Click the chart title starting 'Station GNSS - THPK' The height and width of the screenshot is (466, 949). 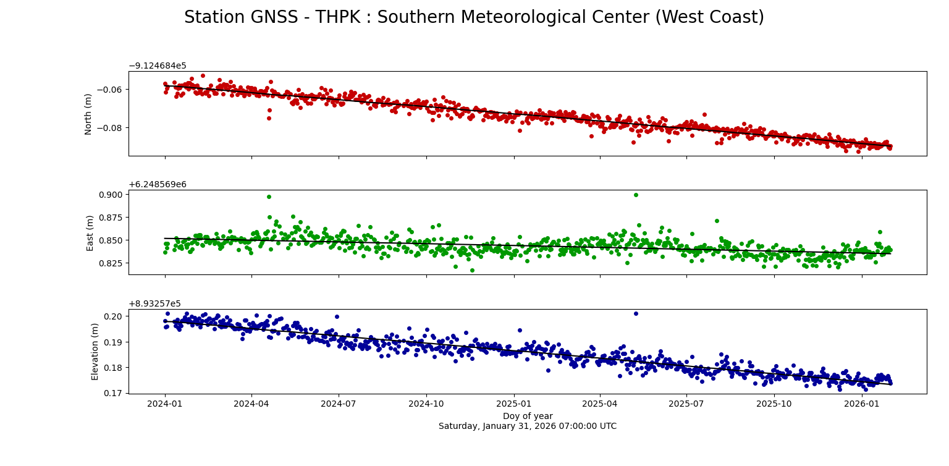[x=474, y=17]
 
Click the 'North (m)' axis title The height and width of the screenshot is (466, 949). [x=88, y=114]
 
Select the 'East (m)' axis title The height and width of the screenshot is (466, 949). [x=90, y=232]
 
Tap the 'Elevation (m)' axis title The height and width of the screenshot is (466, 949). [x=95, y=351]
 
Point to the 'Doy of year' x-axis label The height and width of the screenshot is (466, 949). [x=527, y=416]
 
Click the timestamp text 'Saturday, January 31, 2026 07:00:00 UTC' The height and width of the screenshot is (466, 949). [x=527, y=426]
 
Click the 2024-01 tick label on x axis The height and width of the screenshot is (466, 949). [x=165, y=404]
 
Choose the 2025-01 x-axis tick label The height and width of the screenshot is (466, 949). [x=514, y=404]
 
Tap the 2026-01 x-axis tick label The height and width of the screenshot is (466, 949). [x=862, y=404]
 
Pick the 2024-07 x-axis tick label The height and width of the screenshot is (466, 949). [x=339, y=404]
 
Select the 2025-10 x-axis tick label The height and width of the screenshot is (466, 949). [x=775, y=404]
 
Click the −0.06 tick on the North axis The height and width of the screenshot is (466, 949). [x=112, y=90]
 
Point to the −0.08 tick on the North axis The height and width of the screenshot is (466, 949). [x=112, y=128]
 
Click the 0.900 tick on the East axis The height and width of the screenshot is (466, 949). [x=112, y=194]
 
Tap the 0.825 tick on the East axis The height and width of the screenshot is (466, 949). [x=112, y=263]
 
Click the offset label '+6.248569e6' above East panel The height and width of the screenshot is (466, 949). [x=157, y=185]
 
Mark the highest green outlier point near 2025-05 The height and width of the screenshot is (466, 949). [x=636, y=195]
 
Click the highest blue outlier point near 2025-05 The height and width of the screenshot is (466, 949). [x=636, y=313]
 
